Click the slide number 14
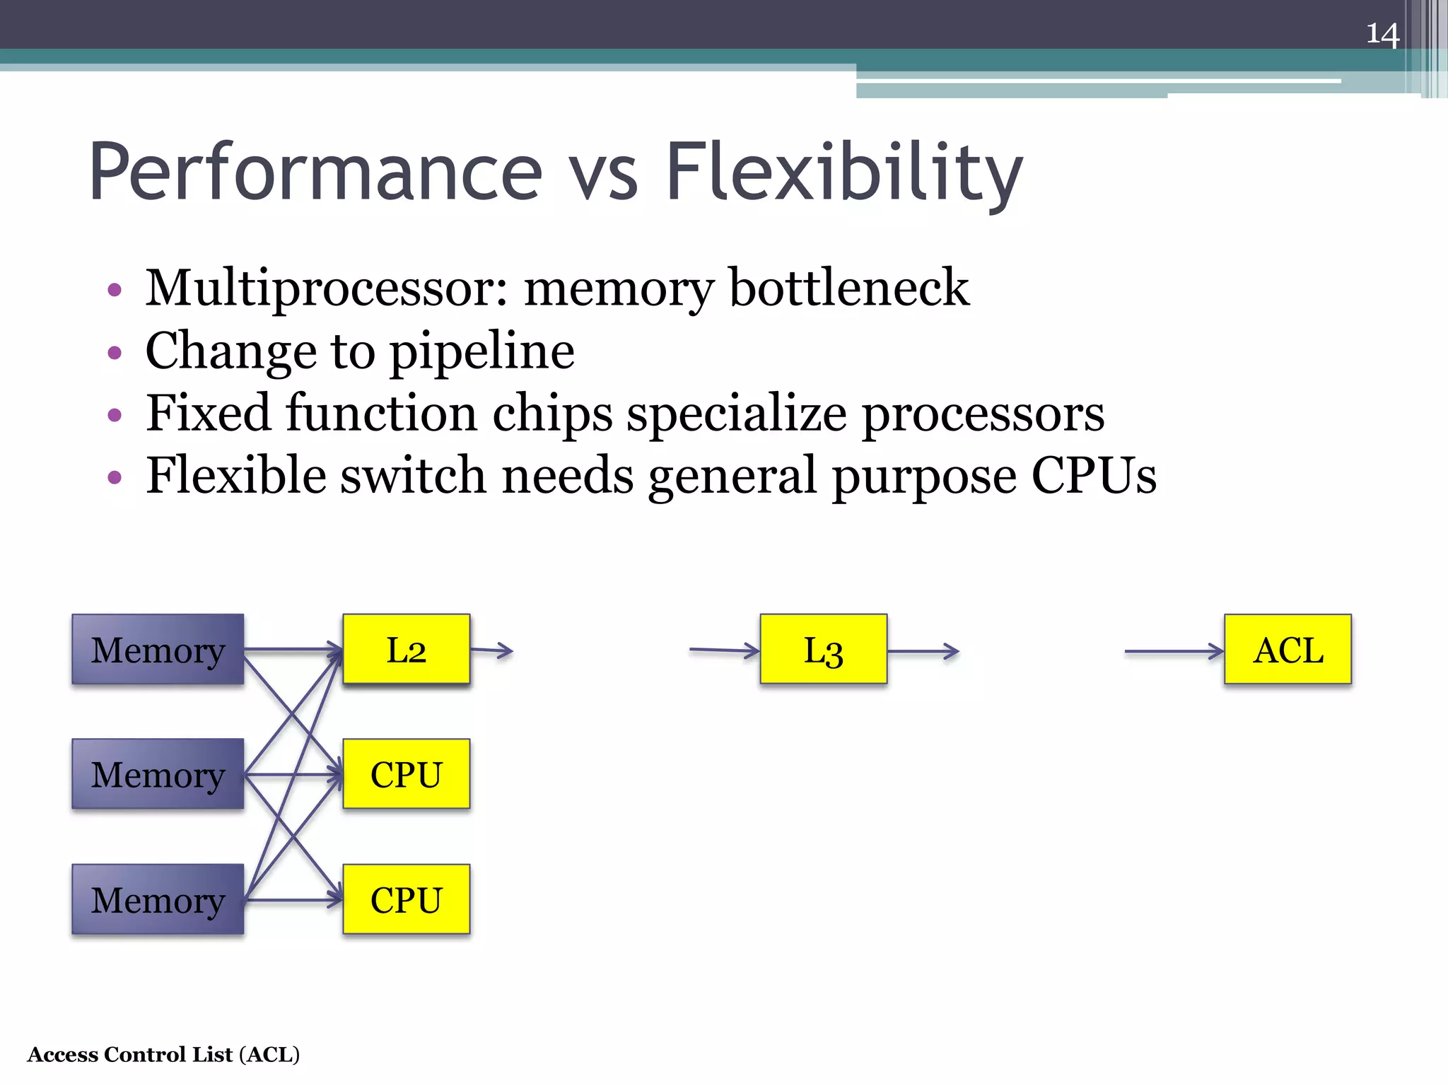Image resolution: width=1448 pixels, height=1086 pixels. [x=1382, y=34]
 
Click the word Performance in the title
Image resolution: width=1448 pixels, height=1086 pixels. [x=315, y=172]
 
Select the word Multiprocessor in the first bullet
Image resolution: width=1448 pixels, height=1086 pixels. [x=326, y=288]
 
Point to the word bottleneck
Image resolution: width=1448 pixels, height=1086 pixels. [x=848, y=288]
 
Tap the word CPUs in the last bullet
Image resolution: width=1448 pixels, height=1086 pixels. [x=1094, y=476]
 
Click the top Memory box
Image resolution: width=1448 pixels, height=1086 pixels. [x=158, y=649]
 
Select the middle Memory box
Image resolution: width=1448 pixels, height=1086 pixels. [x=158, y=774]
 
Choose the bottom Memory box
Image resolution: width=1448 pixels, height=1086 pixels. [x=158, y=899]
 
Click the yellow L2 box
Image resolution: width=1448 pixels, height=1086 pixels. [x=407, y=649]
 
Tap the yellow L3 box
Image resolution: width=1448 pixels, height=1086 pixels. [x=824, y=649]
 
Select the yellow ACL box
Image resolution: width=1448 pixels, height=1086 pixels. [x=1288, y=649]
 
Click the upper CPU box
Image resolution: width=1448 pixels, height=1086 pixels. [x=407, y=774]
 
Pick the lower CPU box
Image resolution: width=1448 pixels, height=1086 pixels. [x=407, y=899]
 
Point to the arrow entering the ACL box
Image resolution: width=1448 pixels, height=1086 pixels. [x=1174, y=651]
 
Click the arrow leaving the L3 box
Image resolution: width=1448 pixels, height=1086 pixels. [x=923, y=651]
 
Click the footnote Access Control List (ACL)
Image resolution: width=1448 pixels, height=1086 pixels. [x=163, y=1054]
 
